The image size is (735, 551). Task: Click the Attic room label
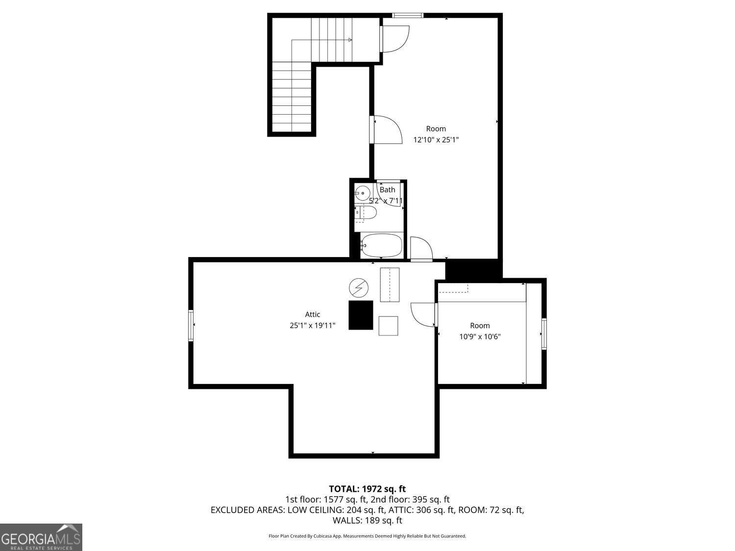[x=312, y=314]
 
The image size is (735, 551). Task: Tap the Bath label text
[x=387, y=190]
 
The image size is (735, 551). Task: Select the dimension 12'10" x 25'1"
[x=436, y=140]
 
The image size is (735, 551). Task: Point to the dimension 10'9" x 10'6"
[x=480, y=336]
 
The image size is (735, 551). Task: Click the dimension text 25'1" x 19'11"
[x=312, y=325]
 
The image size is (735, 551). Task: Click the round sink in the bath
[x=363, y=193]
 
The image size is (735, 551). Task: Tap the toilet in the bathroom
[x=366, y=213]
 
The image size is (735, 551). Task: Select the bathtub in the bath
[x=381, y=245]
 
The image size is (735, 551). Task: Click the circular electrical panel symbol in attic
[x=358, y=287]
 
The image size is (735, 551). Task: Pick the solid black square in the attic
[x=361, y=315]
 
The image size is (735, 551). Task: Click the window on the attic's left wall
[x=191, y=325]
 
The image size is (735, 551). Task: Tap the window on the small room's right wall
[x=544, y=334]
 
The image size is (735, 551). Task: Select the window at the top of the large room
[x=408, y=15]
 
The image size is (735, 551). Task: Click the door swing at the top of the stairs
[x=394, y=38]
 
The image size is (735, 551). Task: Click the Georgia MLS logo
[x=41, y=537]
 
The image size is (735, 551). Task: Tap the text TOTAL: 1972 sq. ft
[x=367, y=488]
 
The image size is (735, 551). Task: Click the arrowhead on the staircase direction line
[x=350, y=40]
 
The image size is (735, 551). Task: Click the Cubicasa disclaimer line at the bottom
[x=367, y=536]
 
